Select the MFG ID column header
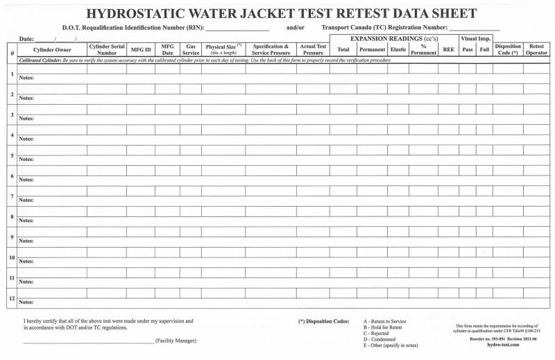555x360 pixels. [x=141, y=50]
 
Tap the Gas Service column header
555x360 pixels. [x=191, y=50]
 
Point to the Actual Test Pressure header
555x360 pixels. [x=313, y=50]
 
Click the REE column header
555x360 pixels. [x=448, y=50]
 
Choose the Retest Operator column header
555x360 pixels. [x=536, y=50]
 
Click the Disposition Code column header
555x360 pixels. [x=508, y=50]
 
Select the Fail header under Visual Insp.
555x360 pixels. [x=484, y=50]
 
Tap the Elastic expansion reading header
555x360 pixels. [x=398, y=50]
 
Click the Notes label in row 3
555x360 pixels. [x=26, y=119]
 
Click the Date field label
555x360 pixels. [x=27, y=39]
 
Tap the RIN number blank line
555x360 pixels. [x=237, y=28]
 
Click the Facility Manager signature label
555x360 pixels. [x=176, y=341]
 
